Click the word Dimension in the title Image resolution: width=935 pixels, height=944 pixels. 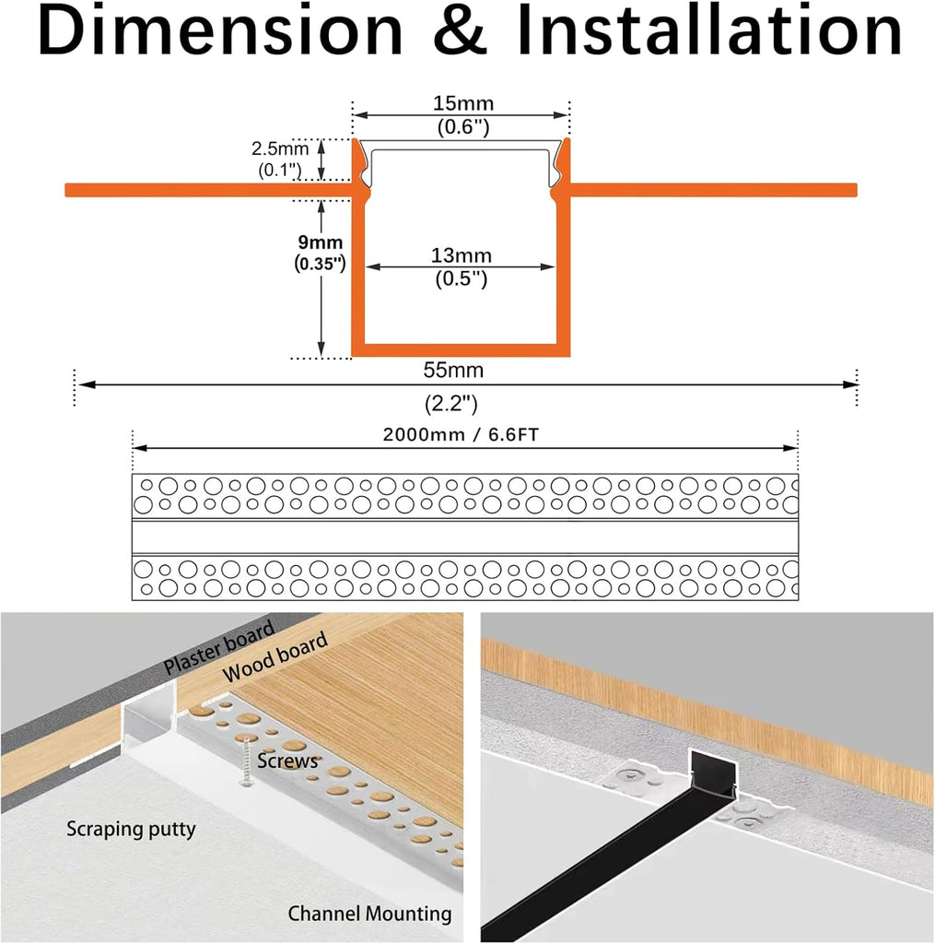click(x=220, y=30)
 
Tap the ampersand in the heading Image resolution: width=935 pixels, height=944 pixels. click(x=461, y=31)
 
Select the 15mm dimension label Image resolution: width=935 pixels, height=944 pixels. click(x=463, y=103)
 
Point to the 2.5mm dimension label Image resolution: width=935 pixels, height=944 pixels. click(x=280, y=148)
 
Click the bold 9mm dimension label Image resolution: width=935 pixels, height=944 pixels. click(x=320, y=242)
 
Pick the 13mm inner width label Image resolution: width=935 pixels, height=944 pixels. click(x=461, y=255)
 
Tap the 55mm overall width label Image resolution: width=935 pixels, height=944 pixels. click(x=453, y=370)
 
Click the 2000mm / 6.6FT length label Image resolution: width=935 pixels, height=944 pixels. click(x=461, y=435)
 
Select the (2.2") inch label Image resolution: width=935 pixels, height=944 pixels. click(x=451, y=404)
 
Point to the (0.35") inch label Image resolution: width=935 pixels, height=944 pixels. click(x=320, y=264)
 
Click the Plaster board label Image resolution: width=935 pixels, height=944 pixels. click(x=219, y=647)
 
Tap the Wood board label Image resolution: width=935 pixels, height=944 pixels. click(x=275, y=656)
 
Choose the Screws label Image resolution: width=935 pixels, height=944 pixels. click(x=287, y=761)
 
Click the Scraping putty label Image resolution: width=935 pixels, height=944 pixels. click(x=131, y=830)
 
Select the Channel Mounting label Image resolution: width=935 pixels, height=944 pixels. click(x=369, y=914)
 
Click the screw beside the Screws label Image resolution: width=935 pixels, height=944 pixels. click(x=246, y=761)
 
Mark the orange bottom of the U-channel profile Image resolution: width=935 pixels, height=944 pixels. click(x=461, y=350)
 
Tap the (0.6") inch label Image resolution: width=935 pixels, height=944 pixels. click(x=463, y=127)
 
